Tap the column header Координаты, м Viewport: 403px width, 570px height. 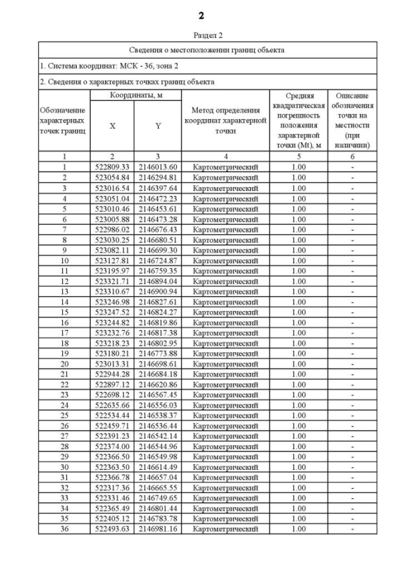(x=136, y=94)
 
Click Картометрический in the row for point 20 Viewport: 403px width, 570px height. (x=225, y=363)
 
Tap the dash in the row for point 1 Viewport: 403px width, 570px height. (x=353, y=167)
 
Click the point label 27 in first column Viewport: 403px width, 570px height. (x=64, y=436)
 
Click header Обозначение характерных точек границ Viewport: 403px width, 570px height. (x=64, y=121)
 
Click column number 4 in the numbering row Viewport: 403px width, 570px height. (x=225, y=156)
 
